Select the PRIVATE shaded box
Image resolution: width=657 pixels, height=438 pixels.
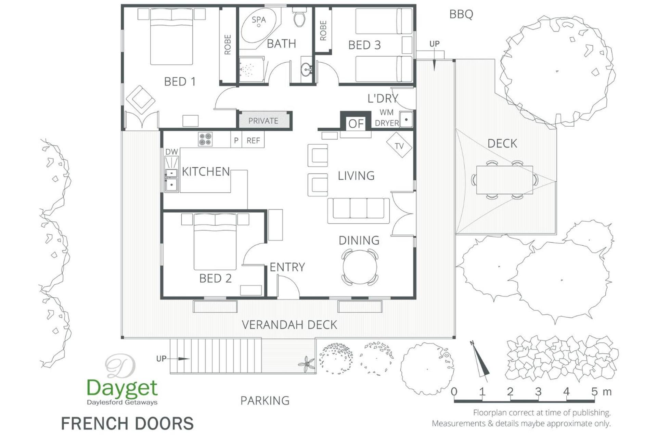[263, 120]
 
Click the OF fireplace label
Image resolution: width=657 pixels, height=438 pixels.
[356, 124]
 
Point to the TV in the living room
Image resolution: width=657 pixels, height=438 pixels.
[399, 145]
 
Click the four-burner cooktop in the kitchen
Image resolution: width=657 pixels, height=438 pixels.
[205, 139]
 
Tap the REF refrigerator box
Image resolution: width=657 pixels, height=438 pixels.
[253, 140]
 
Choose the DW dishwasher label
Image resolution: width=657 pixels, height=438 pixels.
[171, 152]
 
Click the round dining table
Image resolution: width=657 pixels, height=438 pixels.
[360, 267]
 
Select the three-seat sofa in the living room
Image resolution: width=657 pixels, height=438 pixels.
[358, 210]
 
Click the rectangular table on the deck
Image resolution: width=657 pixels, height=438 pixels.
[505, 180]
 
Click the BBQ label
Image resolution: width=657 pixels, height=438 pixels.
[461, 14]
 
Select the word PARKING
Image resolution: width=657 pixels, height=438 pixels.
[265, 400]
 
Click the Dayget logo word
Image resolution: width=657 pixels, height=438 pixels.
[122, 388]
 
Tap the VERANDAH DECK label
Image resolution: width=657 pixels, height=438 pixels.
[289, 325]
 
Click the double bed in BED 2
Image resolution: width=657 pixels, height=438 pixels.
[215, 242]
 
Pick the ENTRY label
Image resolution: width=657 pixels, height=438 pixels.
[287, 267]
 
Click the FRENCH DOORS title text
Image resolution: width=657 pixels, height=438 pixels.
[127, 423]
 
